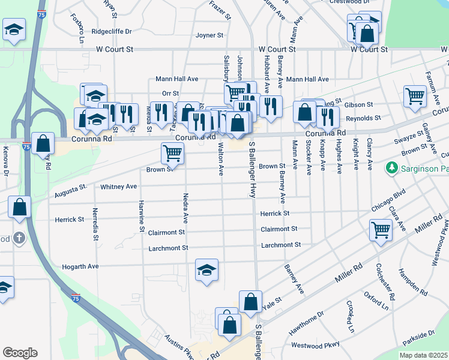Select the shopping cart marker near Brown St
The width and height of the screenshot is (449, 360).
pyautogui.click(x=172, y=153)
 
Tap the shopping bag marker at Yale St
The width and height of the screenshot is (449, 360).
pyautogui.click(x=250, y=302)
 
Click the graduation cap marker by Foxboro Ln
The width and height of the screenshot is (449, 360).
pyautogui.click(x=14, y=29)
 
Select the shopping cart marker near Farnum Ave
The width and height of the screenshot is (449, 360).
pyautogui.click(x=415, y=95)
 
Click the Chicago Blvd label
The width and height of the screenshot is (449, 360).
pyautogui.click(x=388, y=200)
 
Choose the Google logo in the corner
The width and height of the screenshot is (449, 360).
pyautogui.click(x=20, y=353)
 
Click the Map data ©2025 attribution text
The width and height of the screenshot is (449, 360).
pyautogui.click(x=424, y=355)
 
